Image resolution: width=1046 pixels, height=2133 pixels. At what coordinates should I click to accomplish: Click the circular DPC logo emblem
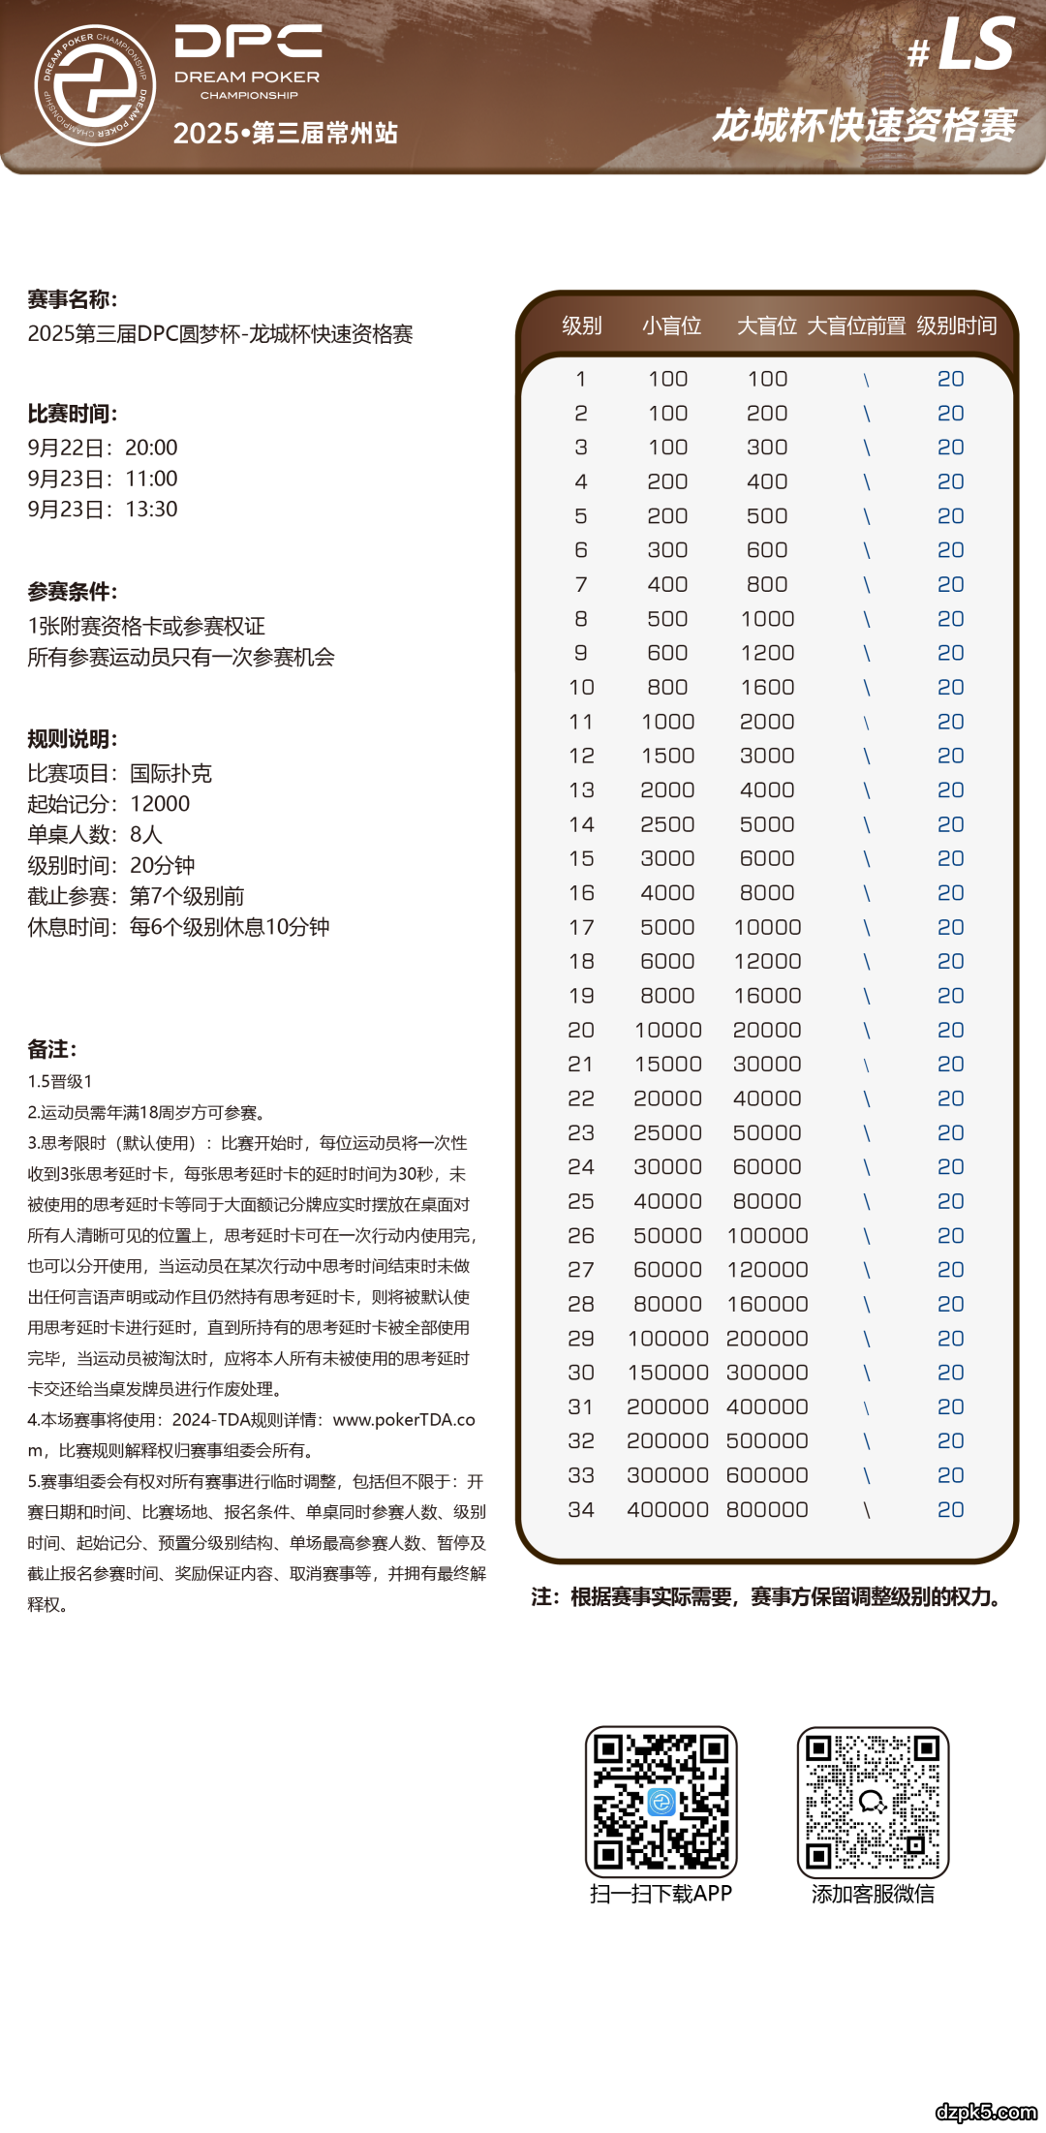tap(95, 85)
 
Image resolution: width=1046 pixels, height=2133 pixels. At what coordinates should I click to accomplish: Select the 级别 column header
tap(581, 325)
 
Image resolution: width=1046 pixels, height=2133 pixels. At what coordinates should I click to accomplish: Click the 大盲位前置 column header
tap(856, 325)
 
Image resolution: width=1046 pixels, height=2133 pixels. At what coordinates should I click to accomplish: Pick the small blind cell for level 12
tap(667, 756)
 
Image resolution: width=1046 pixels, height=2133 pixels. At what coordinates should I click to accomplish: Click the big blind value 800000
tap(767, 1509)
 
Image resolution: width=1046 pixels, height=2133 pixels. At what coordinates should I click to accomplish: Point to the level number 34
tap(581, 1509)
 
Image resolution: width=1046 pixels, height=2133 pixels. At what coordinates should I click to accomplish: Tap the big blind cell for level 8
tap(767, 619)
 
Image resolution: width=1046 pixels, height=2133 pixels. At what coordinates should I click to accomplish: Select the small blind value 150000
tap(667, 1373)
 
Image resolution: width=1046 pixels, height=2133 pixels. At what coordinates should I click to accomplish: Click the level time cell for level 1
tap(950, 379)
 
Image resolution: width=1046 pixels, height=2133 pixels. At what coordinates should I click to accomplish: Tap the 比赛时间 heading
tap(73, 414)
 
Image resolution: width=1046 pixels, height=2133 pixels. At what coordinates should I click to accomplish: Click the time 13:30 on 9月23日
tap(151, 510)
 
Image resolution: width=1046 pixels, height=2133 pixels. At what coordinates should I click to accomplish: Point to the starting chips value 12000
tap(160, 804)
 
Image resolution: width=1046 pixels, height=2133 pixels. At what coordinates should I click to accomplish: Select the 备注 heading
tap(52, 1049)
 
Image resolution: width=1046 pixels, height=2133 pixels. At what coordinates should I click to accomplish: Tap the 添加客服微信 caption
tap(873, 1894)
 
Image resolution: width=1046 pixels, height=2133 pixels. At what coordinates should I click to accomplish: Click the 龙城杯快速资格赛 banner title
tap(864, 126)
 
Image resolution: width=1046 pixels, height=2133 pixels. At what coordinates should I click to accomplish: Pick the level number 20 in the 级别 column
tap(581, 1030)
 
